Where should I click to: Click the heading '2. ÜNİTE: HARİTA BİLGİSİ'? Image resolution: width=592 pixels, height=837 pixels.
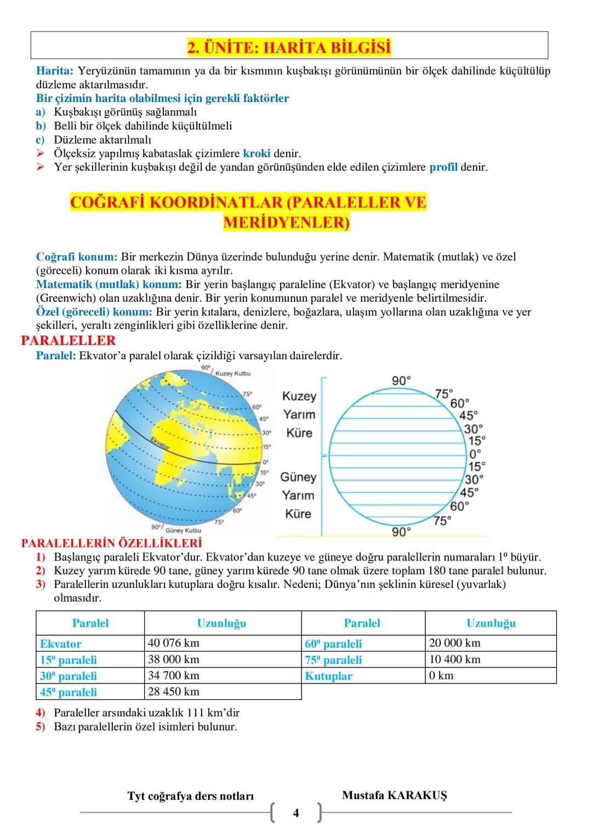289,48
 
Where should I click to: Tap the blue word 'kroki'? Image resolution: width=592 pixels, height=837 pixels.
257,154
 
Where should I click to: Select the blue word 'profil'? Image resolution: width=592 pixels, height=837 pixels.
443,167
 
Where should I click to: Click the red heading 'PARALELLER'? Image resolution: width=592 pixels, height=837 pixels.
68,341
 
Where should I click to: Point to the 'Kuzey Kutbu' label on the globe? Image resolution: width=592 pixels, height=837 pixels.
233,374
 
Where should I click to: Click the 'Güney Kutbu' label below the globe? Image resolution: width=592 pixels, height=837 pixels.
183,530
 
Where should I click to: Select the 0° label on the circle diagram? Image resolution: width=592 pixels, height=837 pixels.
475,454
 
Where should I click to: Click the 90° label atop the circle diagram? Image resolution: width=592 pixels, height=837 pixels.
402,381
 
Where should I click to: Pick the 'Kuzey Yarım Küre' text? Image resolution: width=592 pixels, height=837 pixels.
299,414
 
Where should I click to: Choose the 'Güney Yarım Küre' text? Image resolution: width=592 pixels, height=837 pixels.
299,495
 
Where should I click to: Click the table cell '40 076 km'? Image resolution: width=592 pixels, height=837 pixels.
174,643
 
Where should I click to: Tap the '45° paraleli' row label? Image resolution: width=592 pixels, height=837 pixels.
69,692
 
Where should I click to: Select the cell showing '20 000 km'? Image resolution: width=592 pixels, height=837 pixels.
454,643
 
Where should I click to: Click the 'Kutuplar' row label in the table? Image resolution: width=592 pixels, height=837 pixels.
328,676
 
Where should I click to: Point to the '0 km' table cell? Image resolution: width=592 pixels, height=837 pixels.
441,676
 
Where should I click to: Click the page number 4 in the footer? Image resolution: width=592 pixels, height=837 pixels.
296,813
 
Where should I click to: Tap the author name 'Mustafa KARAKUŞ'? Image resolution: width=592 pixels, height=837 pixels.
394,795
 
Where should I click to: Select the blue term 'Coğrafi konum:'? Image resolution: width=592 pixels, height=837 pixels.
77,257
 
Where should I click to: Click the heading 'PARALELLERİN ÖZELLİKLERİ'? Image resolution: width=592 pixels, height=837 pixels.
111,544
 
